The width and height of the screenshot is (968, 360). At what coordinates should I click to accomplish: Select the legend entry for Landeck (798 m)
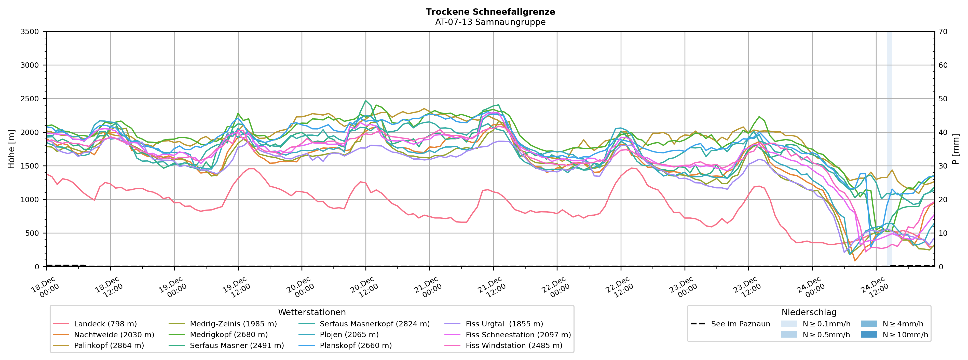[105, 324]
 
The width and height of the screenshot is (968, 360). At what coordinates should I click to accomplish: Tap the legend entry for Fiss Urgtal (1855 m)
[504, 324]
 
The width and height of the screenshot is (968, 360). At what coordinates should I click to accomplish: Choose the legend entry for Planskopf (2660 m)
[356, 345]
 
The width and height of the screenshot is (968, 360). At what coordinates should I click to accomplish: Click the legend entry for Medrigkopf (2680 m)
[228, 335]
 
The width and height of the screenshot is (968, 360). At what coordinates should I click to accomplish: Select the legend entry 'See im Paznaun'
[740, 324]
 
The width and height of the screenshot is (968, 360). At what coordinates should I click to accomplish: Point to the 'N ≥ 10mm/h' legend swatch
[869, 335]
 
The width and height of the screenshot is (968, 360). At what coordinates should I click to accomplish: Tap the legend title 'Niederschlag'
[809, 312]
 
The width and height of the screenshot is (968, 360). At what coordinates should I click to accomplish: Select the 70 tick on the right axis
[943, 32]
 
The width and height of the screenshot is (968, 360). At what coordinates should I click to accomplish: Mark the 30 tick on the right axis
[943, 166]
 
